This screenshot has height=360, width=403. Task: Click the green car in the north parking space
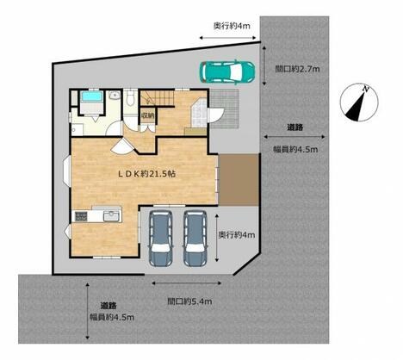point(226,71)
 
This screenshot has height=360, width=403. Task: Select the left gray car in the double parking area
point(160,239)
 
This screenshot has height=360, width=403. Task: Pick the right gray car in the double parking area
point(195,239)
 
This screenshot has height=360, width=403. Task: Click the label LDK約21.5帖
point(147,174)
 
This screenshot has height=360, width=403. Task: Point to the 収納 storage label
point(147,115)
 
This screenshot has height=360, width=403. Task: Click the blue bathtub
point(91,96)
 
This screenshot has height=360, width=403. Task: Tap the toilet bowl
point(131,99)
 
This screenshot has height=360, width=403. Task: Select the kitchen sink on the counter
point(111,216)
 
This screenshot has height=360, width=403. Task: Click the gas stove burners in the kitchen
point(81,216)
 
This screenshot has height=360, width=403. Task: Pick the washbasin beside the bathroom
point(115,95)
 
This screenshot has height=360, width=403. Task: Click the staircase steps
point(157,97)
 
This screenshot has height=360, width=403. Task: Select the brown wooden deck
point(239,180)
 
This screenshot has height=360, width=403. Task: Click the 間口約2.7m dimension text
point(297,69)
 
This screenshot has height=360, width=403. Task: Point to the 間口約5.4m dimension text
point(189,301)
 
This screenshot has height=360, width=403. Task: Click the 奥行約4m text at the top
point(232,26)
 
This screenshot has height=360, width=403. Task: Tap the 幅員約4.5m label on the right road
point(295,149)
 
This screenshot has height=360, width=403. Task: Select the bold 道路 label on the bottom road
point(108,306)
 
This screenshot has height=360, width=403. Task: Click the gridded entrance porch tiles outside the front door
point(225,109)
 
